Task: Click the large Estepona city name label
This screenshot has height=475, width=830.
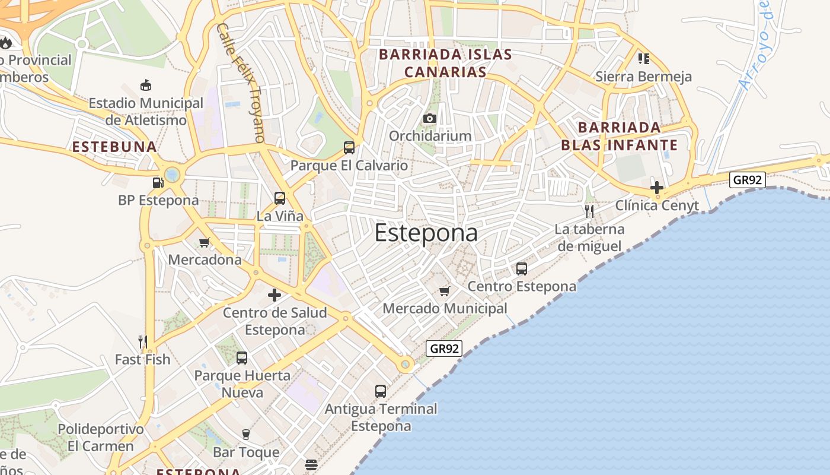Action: [426, 233]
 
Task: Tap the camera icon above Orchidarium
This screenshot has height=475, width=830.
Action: [430, 118]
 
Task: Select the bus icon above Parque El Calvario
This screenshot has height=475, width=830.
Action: [349, 148]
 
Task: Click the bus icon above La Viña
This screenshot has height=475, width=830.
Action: [280, 198]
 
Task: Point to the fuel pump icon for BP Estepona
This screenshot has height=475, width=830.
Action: [158, 183]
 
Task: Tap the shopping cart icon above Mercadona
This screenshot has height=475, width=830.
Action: [205, 242]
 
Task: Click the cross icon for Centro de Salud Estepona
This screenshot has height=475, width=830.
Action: [274, 294]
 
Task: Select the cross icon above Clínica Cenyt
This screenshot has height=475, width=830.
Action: [656, 188]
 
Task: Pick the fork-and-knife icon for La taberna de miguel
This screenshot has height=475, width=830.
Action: [589, 211]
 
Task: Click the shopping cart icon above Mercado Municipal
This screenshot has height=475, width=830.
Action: [445, 291]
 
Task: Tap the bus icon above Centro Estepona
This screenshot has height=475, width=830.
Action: [522, 269]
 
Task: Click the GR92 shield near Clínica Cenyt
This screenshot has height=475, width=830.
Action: [747, 179]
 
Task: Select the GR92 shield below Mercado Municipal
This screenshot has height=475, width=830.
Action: [444, 349]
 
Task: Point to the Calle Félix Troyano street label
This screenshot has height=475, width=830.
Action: [240, 83]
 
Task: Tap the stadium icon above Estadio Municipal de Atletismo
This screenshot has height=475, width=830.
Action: [146, 85]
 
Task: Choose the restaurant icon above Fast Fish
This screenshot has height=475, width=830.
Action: [142, 341]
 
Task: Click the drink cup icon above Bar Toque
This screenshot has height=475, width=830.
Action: [246, 435]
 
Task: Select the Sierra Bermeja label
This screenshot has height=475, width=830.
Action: [643, 77]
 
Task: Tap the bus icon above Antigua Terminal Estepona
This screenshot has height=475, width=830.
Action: [381, 391]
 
